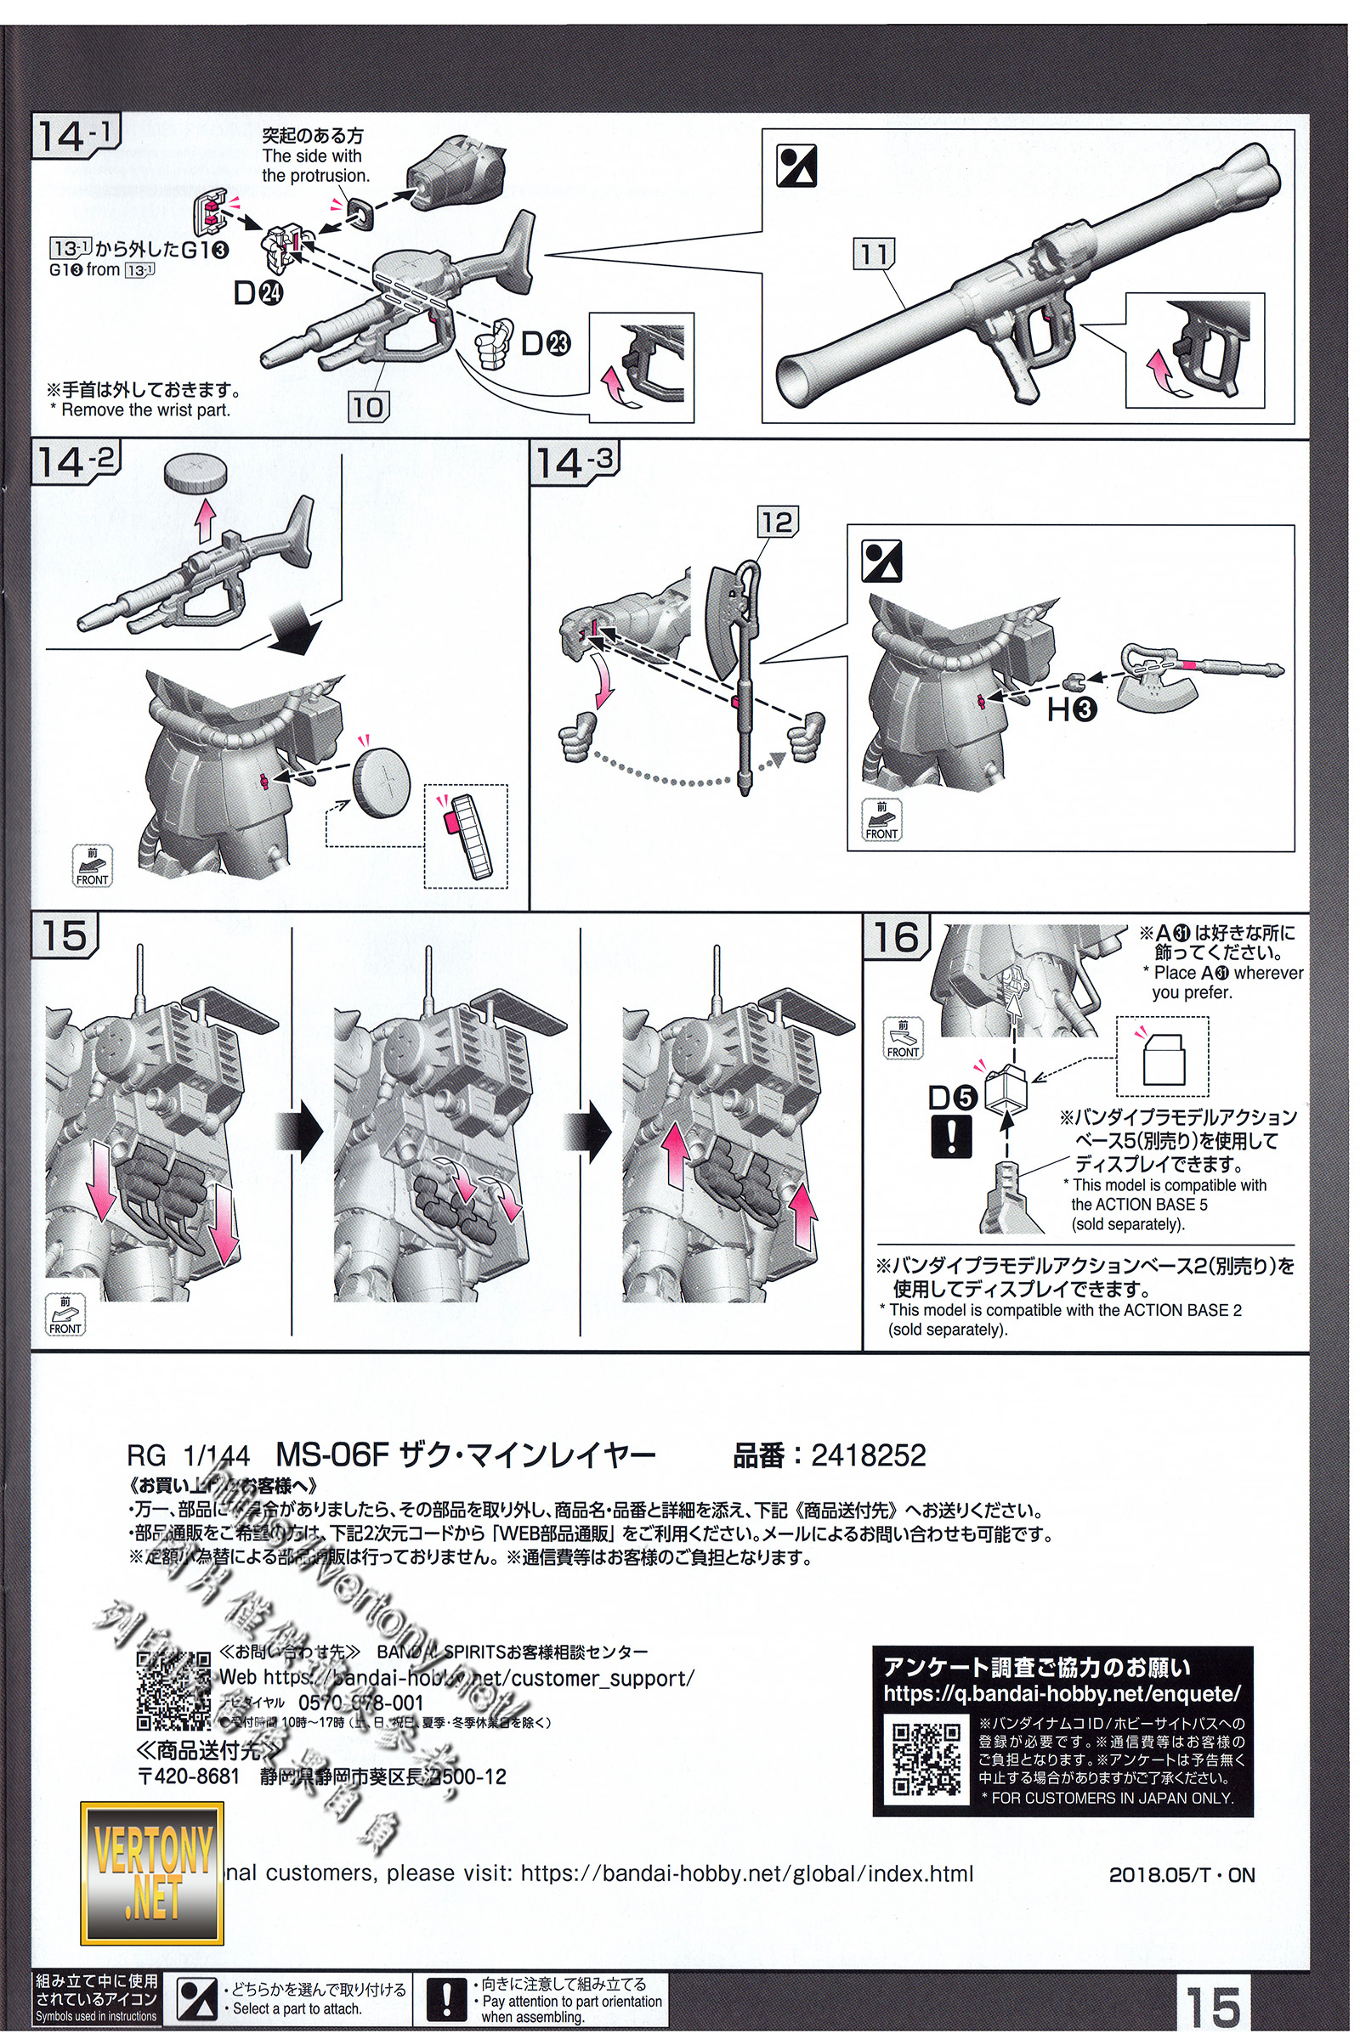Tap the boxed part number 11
pos(874,254)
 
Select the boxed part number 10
pos(367,407)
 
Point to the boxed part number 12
pos(776,522)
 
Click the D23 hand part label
pos(544,344)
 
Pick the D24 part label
pos(258,294)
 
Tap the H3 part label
pos(1072,710)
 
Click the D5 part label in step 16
pos(952,1098)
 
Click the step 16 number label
pos(895,936)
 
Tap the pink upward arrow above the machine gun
pos(205,517)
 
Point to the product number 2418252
pos(868,1454)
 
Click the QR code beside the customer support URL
pos(173,1692)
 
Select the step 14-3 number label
pos(576,462)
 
